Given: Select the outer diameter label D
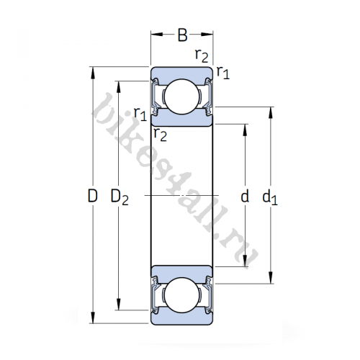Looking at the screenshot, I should click(91, 196).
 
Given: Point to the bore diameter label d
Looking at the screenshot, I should click(245, 196).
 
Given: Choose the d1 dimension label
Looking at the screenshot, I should click(269, 196).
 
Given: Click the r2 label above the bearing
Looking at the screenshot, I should click(202, 55).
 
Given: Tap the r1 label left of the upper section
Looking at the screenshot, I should click(140, 114).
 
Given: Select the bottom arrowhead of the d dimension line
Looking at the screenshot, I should click(246, 264).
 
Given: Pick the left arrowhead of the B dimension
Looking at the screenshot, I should click(153, 32).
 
